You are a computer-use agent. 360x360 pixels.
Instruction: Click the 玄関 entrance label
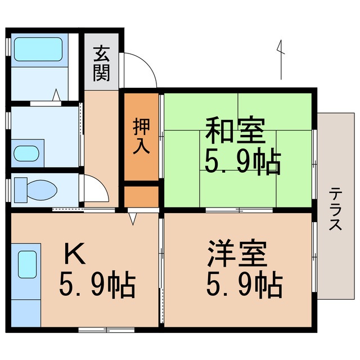coord(102,64)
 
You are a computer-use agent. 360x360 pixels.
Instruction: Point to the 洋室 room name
coord(236,254)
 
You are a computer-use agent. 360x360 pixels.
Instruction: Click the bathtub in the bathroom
coord(37,49)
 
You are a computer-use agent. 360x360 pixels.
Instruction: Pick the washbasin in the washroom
coord(26,153)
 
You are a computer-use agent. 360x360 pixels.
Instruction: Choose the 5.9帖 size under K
coord(97,286)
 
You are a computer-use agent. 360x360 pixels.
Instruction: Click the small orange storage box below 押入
coord(141,197)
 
